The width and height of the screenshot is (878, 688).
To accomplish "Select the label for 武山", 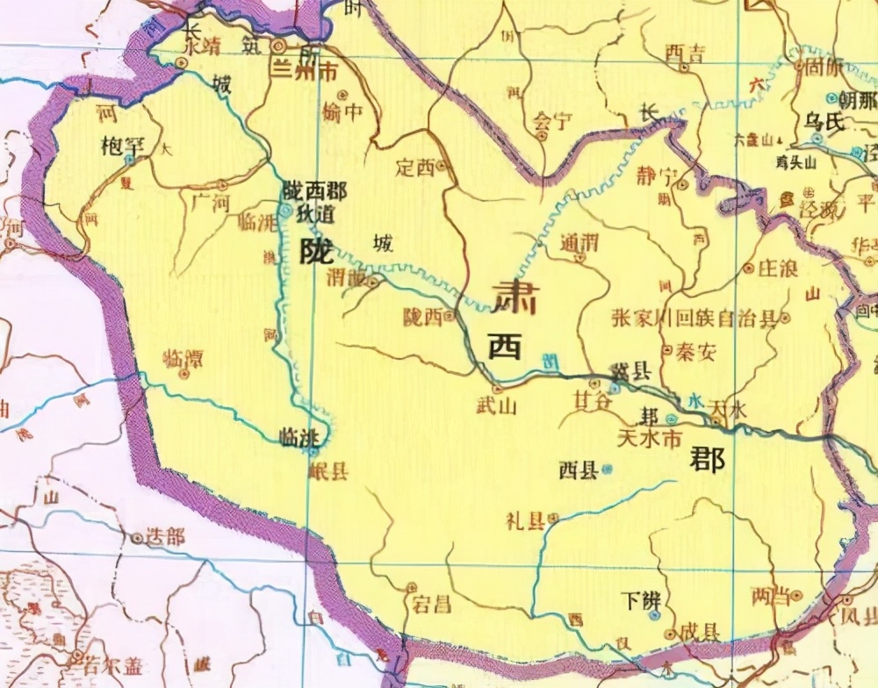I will point(493,405).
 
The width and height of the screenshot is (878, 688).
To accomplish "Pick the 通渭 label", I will point(579,243).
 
